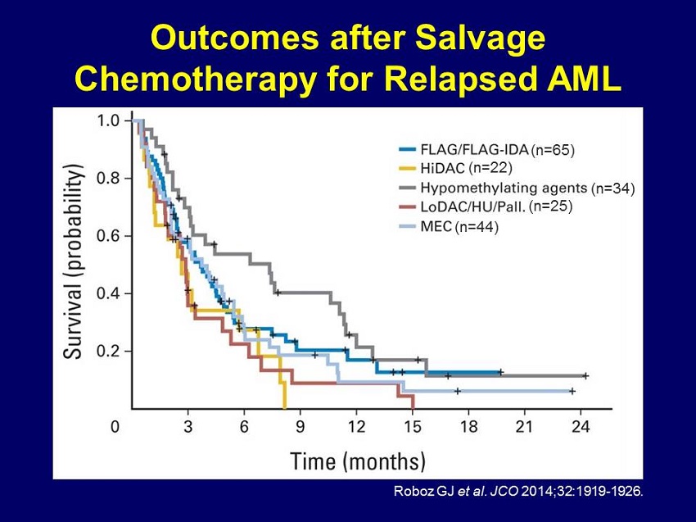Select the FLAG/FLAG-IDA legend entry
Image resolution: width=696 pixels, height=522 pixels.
coord(473,150)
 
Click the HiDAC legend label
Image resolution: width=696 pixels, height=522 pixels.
coord(442,169)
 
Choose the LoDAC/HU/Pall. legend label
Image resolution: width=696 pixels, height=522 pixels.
coord(472,207)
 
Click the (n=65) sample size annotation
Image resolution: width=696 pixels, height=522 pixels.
coord(553,150)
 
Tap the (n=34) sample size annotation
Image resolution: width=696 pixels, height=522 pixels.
coord(613,188)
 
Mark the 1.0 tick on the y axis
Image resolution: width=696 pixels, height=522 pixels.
coord(109,121)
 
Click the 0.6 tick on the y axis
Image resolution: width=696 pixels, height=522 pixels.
coord(109,236)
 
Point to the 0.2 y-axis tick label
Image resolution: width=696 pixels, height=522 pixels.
coord(109,352)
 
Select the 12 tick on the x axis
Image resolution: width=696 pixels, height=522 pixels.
coord(356,426)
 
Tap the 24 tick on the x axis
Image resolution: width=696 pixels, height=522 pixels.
coord(581,426)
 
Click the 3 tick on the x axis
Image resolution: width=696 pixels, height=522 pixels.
coord(188,426)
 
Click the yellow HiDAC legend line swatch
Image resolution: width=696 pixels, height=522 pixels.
coord(409,169)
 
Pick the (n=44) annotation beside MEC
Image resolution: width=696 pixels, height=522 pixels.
coord(477,226)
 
